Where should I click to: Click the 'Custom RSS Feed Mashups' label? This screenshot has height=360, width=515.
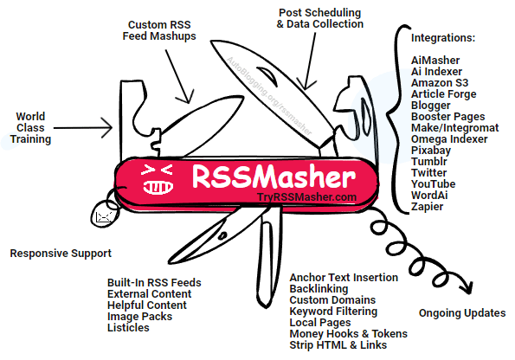(159, 30)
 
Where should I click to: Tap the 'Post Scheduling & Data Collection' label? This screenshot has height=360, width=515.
(320, 18)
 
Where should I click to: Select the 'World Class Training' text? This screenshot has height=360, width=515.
(30, 128)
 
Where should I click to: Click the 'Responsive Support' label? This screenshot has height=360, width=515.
(61, 254)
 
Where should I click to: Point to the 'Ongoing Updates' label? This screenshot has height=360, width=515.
(462, 313)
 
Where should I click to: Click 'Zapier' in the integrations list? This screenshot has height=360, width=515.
(427, 207)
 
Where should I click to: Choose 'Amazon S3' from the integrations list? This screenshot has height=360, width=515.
(440, 83)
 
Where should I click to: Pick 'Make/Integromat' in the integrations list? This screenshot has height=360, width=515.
(455, 128)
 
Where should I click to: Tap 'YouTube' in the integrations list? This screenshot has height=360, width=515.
(434, 184)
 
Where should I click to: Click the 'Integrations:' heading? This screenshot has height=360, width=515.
(443, 38)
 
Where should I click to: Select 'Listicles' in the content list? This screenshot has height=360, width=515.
(128, 327)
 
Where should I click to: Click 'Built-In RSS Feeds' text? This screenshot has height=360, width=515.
(154, 282)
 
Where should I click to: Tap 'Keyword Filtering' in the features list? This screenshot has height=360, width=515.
(333, 311)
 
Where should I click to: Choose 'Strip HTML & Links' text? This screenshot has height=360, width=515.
(338, 345)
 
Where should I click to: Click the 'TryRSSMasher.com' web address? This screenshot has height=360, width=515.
(306, 197)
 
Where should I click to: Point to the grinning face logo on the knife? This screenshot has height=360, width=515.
(158, 179)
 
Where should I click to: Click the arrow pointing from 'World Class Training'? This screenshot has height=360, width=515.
(83, 128)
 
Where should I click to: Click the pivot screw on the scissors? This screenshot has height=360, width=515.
(222, 235)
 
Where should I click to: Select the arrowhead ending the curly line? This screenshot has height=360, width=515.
(467, 286)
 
